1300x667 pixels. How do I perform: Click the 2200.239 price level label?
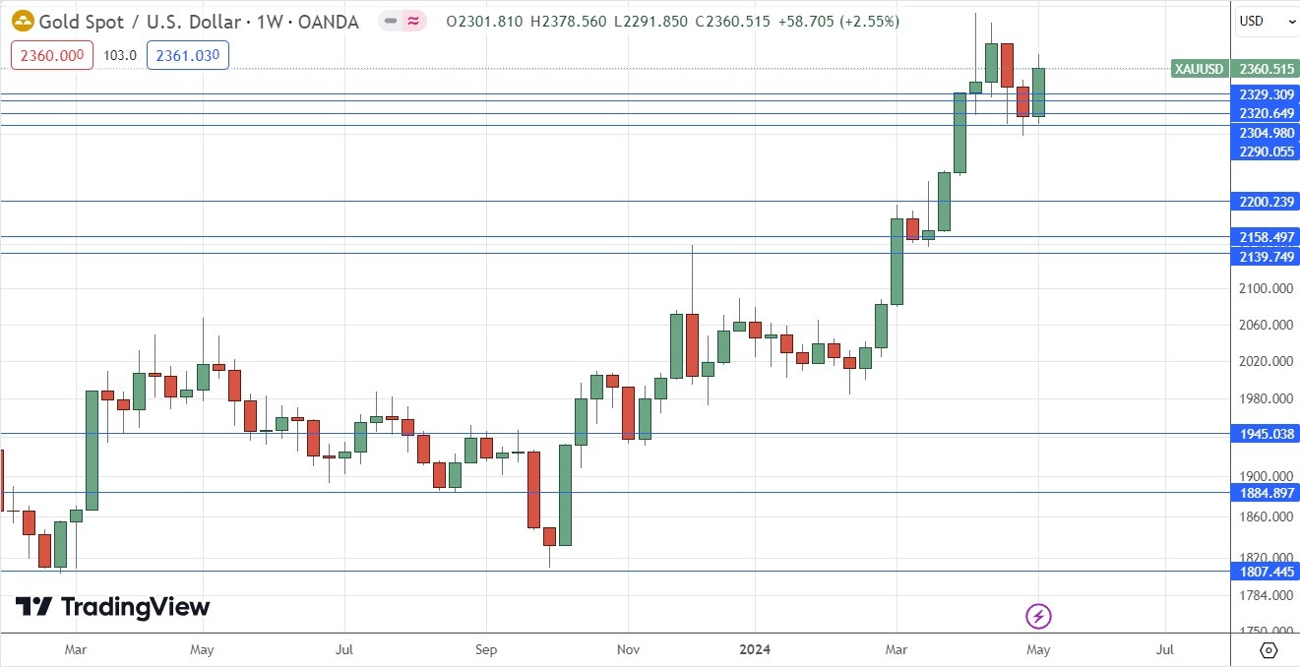click(1268, 202)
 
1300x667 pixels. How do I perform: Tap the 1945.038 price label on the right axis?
click(1268, 434)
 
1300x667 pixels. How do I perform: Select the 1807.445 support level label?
click(1268, 571)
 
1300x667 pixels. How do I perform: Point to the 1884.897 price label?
click(1268, 493)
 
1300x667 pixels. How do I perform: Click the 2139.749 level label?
click(1268, 256)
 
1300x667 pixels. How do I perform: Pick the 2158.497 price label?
click(1268, 237)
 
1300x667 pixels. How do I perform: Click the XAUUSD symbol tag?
click(1199, 69)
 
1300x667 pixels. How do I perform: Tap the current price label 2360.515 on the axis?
click(1268, 69)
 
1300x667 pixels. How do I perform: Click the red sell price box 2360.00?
click(52, 55)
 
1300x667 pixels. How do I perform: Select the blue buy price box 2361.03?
click(187, 55)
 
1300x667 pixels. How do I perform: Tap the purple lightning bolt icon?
click(1039, 617)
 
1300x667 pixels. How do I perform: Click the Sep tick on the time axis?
click(485, 649)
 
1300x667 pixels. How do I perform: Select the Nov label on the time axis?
click(629, 649)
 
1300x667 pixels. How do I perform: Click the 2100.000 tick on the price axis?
click(1267, 288)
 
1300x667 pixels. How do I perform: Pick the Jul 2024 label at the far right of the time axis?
click(1165, 649)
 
